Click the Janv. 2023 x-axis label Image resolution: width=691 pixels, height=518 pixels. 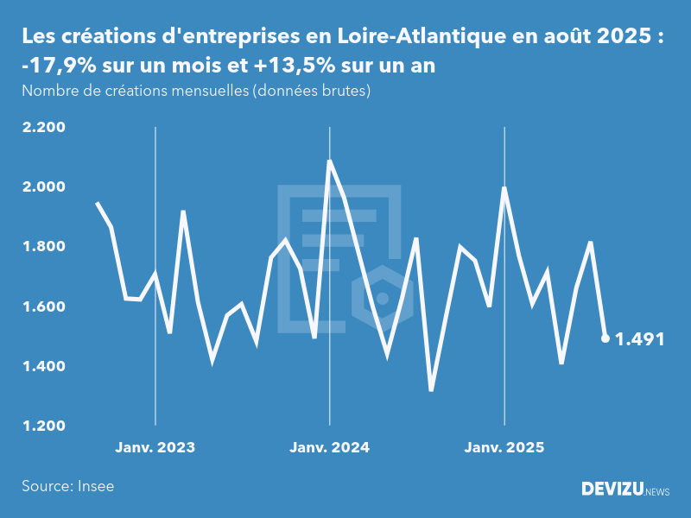pyautogui.click(x=155, y=447)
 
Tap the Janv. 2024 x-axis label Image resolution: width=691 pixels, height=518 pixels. pyautogui.click(x=329, y=447)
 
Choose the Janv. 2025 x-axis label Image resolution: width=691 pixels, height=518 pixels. pyautogui.click(x=504, y=447)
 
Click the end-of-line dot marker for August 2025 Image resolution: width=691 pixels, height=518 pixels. pyautogui.click(x=605, y=338)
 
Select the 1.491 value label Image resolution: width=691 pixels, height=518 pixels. pyautogui.click(x=639, y=339)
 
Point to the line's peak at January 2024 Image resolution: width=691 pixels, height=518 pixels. pyautogui.click(x=330, y=161)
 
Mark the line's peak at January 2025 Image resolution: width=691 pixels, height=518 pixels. pyautogui.click(x=504, y=188)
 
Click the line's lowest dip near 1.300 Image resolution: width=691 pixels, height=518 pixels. pyautogui.click(x=431, y=390)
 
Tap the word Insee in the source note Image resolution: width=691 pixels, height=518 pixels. pyautogui.click(x=94, y=486)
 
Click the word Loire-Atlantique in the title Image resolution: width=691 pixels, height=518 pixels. pyautogui.click(x=418, y=37)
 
